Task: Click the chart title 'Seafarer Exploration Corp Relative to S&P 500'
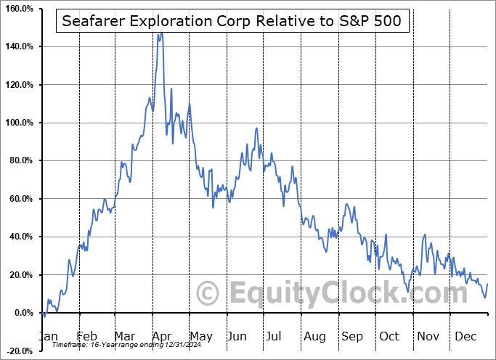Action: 236,22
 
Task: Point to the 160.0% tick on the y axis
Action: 17,9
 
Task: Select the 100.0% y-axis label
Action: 17,123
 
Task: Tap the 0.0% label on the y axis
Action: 22,313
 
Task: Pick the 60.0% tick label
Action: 20,199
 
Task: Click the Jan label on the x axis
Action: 48,336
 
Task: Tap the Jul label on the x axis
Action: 275,336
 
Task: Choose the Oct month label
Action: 389,336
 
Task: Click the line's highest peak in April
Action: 161,33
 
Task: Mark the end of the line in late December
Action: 487,284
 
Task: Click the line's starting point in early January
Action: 42,313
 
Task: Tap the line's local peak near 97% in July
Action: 256,128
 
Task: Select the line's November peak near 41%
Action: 425,234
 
